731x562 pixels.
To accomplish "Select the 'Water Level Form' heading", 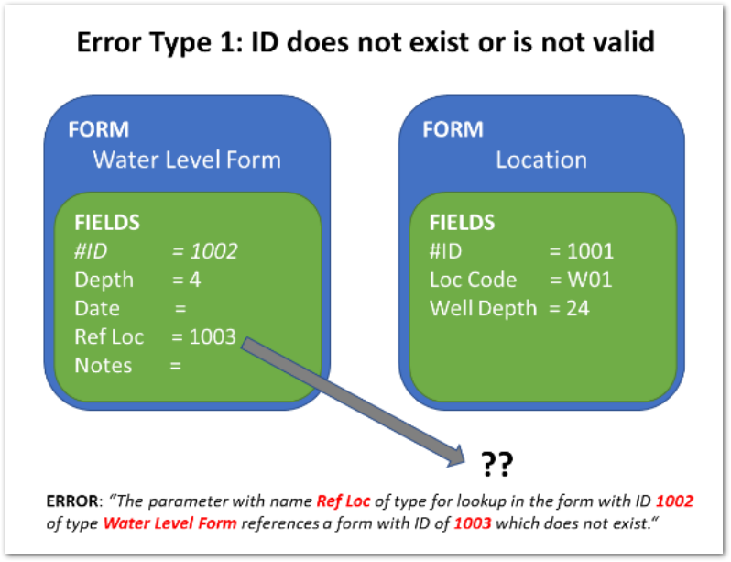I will pyautogui.click(x=187, y=160).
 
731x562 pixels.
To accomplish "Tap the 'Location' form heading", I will pyautogui.click(x=540, y=160).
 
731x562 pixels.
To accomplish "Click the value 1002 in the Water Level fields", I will pyautogui.click(x=213, y=251).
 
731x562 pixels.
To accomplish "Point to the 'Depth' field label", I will pyautogui.click(x=104, y=280).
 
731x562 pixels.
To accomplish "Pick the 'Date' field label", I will pyautogui.click(x=97, y=308).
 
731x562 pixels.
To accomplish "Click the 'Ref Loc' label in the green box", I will pyautogui.click(x=109, y=336).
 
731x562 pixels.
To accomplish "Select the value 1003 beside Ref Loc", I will pyautogui.click(x=213, y=336).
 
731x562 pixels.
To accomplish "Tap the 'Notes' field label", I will pyautogui.click(x=104, y=365).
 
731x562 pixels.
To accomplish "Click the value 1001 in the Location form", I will pyautogui.click(x=591, y=251).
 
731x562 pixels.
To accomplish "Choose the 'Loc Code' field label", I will pyautogui.click(x=474, y=280).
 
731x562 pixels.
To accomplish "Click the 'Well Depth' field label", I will pyautogui.click(x=483, y=308).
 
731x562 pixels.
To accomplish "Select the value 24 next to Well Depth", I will pyautogui.click(x=579, y=308).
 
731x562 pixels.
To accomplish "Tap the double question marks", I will pyautogui.click(x=496, y=465).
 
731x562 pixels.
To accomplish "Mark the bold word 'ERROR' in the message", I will pyautogui.click(x=75, y=501).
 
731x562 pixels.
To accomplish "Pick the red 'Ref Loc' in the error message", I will pyautogui.click(x=342, y=501).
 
